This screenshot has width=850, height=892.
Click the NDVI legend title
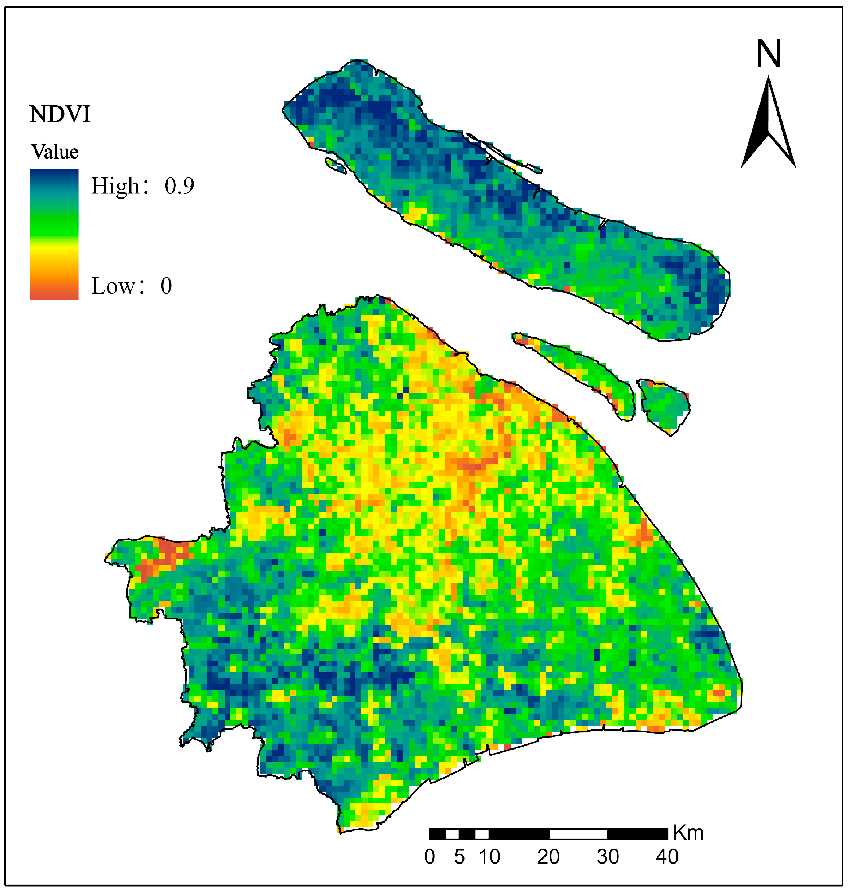[60, 114]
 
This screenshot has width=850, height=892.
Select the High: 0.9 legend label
[142, 185]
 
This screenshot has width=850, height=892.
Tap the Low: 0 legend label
[131, 286]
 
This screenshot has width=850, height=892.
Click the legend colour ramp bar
[54, 234]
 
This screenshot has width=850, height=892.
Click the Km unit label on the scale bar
[688, 833]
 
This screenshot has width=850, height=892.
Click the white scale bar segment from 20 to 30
[578, 834]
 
